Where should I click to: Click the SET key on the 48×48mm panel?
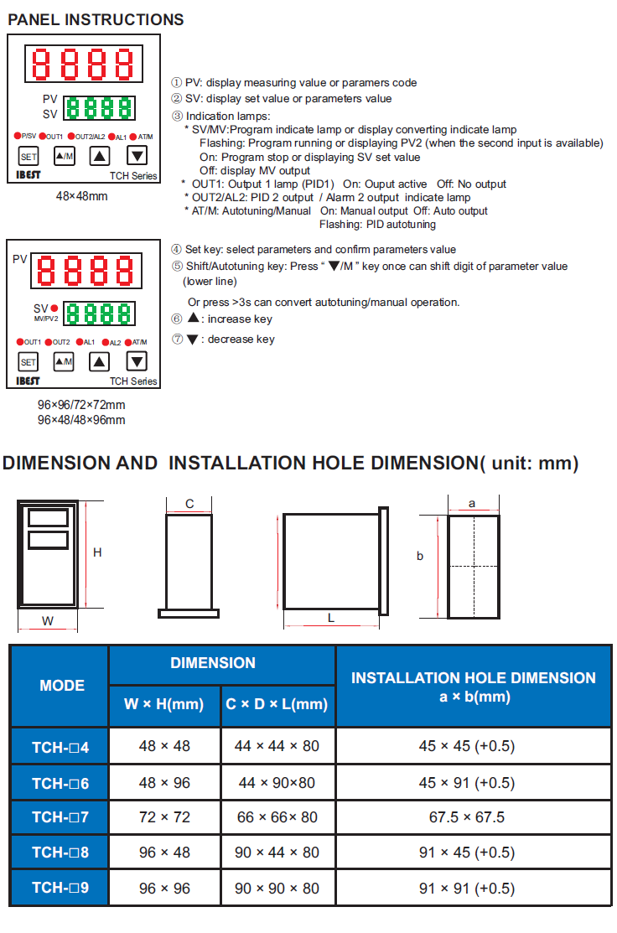pyautogui.click(x=29, y=156)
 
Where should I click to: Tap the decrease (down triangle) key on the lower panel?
pyautogui.click(x=137, y=361)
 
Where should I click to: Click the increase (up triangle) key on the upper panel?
pyautogui.click(x=100, y=156)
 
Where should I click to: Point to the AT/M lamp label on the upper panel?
pyautogui.click(x=145, y=137)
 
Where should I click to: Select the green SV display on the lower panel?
pyautogui.click(x=100, y=314)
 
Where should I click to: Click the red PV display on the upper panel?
pyautogui.click(x=83, y=63)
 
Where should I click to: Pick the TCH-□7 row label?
pyautogui.click(x=60, y=817)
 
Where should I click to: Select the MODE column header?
pyautogui.click(x=62, y=686)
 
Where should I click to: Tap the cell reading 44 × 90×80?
pyautogui.click(x=277, y=782)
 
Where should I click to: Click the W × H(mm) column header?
pyautogui.click(x=164, y=704)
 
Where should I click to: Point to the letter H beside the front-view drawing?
pyautogui.click(x=97, y=553)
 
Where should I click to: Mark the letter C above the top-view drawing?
pyautogui.click(x=189, y=504)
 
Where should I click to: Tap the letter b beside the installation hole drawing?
pyautogui.click(x=420, y=556)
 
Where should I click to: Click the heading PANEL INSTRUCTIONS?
pyautogui.click(x=96, y=19)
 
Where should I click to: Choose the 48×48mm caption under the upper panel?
pyautogui.click(x=82, y=196)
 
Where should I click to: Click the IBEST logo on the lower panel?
pyautogui.click(x=29, y=381)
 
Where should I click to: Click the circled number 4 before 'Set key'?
pyautogui.click(x=176, y=250)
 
